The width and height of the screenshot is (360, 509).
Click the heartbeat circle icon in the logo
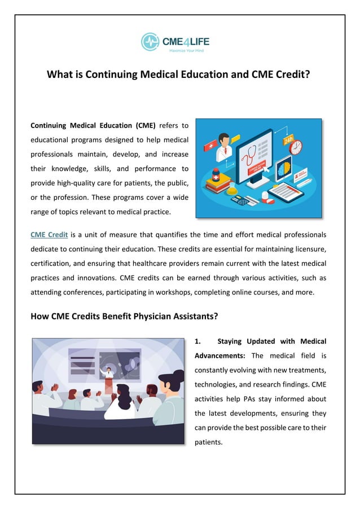point(150,41)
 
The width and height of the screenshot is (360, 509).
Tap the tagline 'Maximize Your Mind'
point(186,51)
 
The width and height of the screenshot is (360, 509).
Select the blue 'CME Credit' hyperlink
point(49,234)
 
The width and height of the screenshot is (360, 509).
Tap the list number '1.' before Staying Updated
point(198,341)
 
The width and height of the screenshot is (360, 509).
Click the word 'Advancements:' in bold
point(219,356)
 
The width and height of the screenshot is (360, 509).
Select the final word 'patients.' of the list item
point(209,442)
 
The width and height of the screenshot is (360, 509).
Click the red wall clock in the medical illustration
point(296,147)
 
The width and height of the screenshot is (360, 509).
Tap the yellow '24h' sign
point(288,138)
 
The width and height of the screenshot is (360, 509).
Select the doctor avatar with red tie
point(224,146)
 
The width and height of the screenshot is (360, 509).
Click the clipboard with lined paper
point(286,192)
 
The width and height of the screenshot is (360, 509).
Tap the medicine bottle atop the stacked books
point(216,173)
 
